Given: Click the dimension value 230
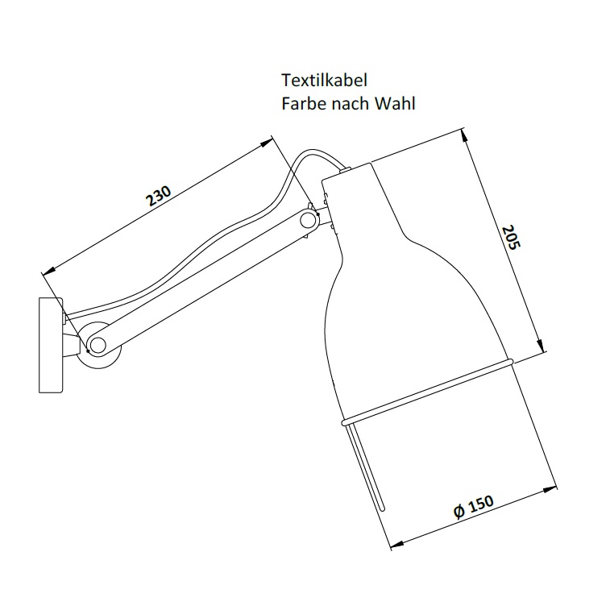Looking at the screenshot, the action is click(158, 196).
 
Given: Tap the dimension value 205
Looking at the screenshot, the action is click(511, 237).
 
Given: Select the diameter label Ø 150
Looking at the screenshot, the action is click(474, 507).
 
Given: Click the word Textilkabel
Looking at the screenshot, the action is click(325, 80).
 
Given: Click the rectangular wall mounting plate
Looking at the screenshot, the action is click(51, 345).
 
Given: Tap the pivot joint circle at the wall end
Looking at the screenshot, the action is click(97, 345).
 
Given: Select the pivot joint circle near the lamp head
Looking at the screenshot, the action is click(309, 220).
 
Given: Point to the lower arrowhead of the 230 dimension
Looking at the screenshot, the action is click(49, 270).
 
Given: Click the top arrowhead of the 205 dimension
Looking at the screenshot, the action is click(464, 135).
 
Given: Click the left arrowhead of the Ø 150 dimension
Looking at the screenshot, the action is click(396, 544).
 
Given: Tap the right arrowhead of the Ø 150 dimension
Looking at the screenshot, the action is click(549, 489).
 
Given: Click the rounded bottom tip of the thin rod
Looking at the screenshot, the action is click(382, 508).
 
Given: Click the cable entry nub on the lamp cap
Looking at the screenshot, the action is click(345, 169).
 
